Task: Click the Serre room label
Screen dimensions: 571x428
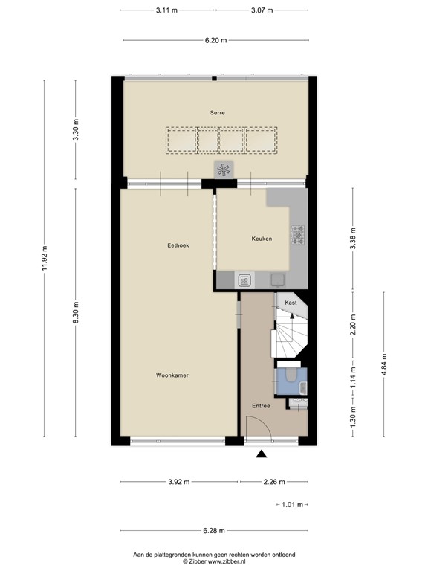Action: (x=217, y=112)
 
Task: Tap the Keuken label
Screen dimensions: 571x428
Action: (x=262, y=239)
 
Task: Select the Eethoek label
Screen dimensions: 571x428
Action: (x=178, y=245)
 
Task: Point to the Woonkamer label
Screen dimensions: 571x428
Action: (x=172, y=375)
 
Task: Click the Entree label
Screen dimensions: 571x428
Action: (x=261, y=405)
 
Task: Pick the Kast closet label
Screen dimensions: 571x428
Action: (x=291, y=303)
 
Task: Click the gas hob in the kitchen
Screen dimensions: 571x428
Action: (x=299, y=235)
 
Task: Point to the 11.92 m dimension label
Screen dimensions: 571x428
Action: (x=45, y=259)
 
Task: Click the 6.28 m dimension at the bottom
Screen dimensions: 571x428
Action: (x=214, y=531)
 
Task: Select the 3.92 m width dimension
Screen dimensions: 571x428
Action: (x=178, y=482)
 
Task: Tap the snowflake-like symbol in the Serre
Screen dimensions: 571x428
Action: (x=224, y=170)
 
